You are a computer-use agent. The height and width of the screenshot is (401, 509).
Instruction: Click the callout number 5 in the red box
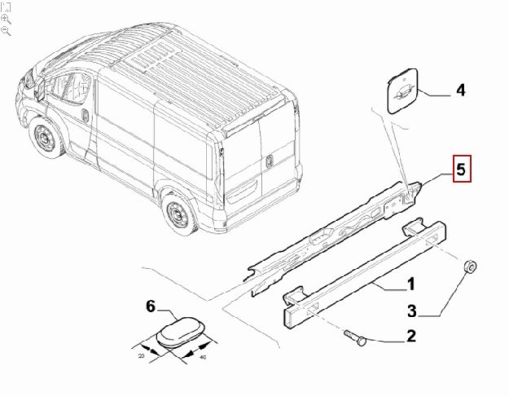[460, 170]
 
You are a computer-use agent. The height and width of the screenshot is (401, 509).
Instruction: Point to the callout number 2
[410, 335]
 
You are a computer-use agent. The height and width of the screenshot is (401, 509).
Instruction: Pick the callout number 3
[412, 311]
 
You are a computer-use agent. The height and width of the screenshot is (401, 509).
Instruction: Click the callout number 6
[150, 306]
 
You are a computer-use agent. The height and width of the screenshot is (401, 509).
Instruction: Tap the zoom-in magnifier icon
[6, 17]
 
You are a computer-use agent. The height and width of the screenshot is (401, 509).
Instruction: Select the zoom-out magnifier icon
[6, 30]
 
